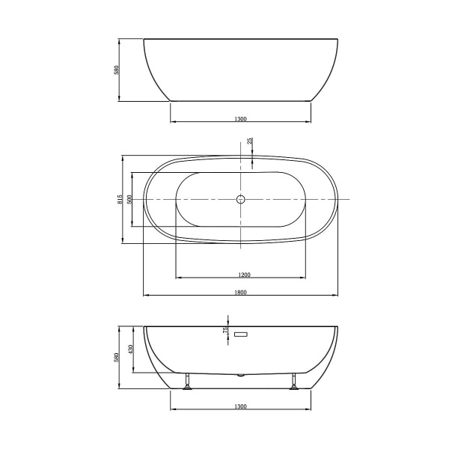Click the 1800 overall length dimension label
point(240,291)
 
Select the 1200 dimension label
point(240,274)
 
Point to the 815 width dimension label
point(120,200)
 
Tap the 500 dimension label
point(130,200)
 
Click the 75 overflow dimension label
point(224,330)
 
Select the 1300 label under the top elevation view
point(240,118)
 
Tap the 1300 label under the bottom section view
point(240,406)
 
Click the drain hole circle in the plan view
point(241,200)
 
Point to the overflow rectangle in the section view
point(241,334)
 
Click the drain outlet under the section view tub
point(241,373)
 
